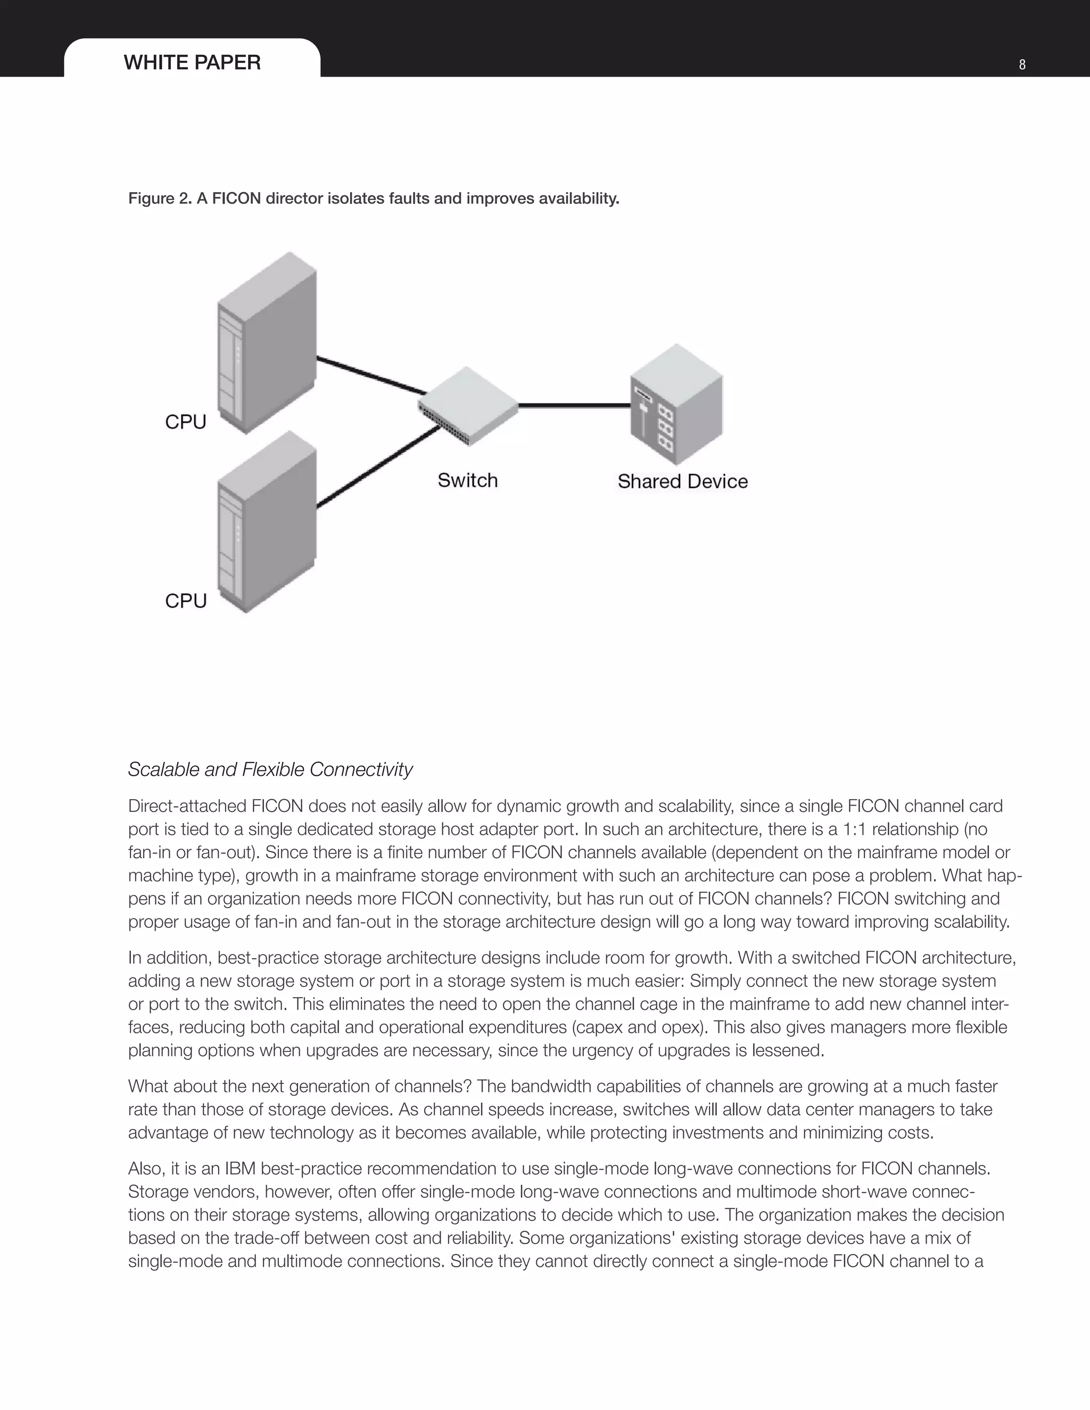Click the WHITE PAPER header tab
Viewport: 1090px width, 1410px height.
[x=192, y=63]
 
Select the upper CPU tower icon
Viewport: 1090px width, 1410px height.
[x=267, y=342]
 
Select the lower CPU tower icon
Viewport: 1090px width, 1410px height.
[x=267, y=521]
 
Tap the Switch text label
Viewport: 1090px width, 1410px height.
[x=467, y=480]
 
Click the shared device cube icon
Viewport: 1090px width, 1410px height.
[x=676, y=404]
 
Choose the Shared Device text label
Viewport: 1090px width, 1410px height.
[x=682, y=481]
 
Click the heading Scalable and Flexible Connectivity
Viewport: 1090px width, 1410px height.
[x=270, y=769]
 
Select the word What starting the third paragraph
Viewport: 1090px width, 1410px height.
[x=148, y=1086]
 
